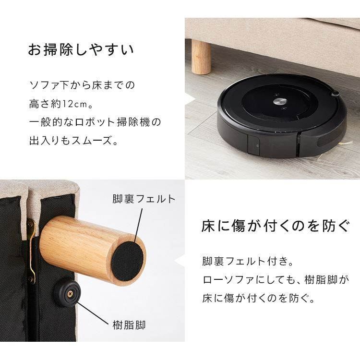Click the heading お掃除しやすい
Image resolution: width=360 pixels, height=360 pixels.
pos(81,49)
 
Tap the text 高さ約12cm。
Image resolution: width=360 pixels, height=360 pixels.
pos(61,104)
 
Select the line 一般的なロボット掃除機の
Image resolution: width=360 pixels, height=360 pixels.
pos(95,122)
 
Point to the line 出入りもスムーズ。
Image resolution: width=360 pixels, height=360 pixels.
pos(73,140)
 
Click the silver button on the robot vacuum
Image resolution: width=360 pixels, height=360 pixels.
pos(280,101)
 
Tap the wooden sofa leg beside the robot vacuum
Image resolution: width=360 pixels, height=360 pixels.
pos(201,57)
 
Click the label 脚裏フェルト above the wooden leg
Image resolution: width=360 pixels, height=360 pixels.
pos(144,199)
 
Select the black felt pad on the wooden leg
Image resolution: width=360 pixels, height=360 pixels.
pos(127,262)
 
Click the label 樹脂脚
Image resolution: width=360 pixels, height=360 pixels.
pos(129,325)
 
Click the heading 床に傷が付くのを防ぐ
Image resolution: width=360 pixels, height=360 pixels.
pos(276,226)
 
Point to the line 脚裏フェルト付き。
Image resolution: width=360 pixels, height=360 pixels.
pos(248,262)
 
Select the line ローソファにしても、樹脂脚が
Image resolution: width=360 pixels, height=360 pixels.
pos(276,280)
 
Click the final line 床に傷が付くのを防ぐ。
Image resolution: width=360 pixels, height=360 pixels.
pos(259,298)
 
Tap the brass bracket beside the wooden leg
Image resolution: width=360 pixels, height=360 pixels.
pos(33,250)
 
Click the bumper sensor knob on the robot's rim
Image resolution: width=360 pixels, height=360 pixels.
pos(336,93)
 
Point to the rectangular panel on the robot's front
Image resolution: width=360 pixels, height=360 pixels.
pos(253,144)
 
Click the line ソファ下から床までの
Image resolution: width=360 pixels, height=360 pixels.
pos(82,85)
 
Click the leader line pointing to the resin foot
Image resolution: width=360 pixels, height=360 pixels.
pos(93,313)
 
